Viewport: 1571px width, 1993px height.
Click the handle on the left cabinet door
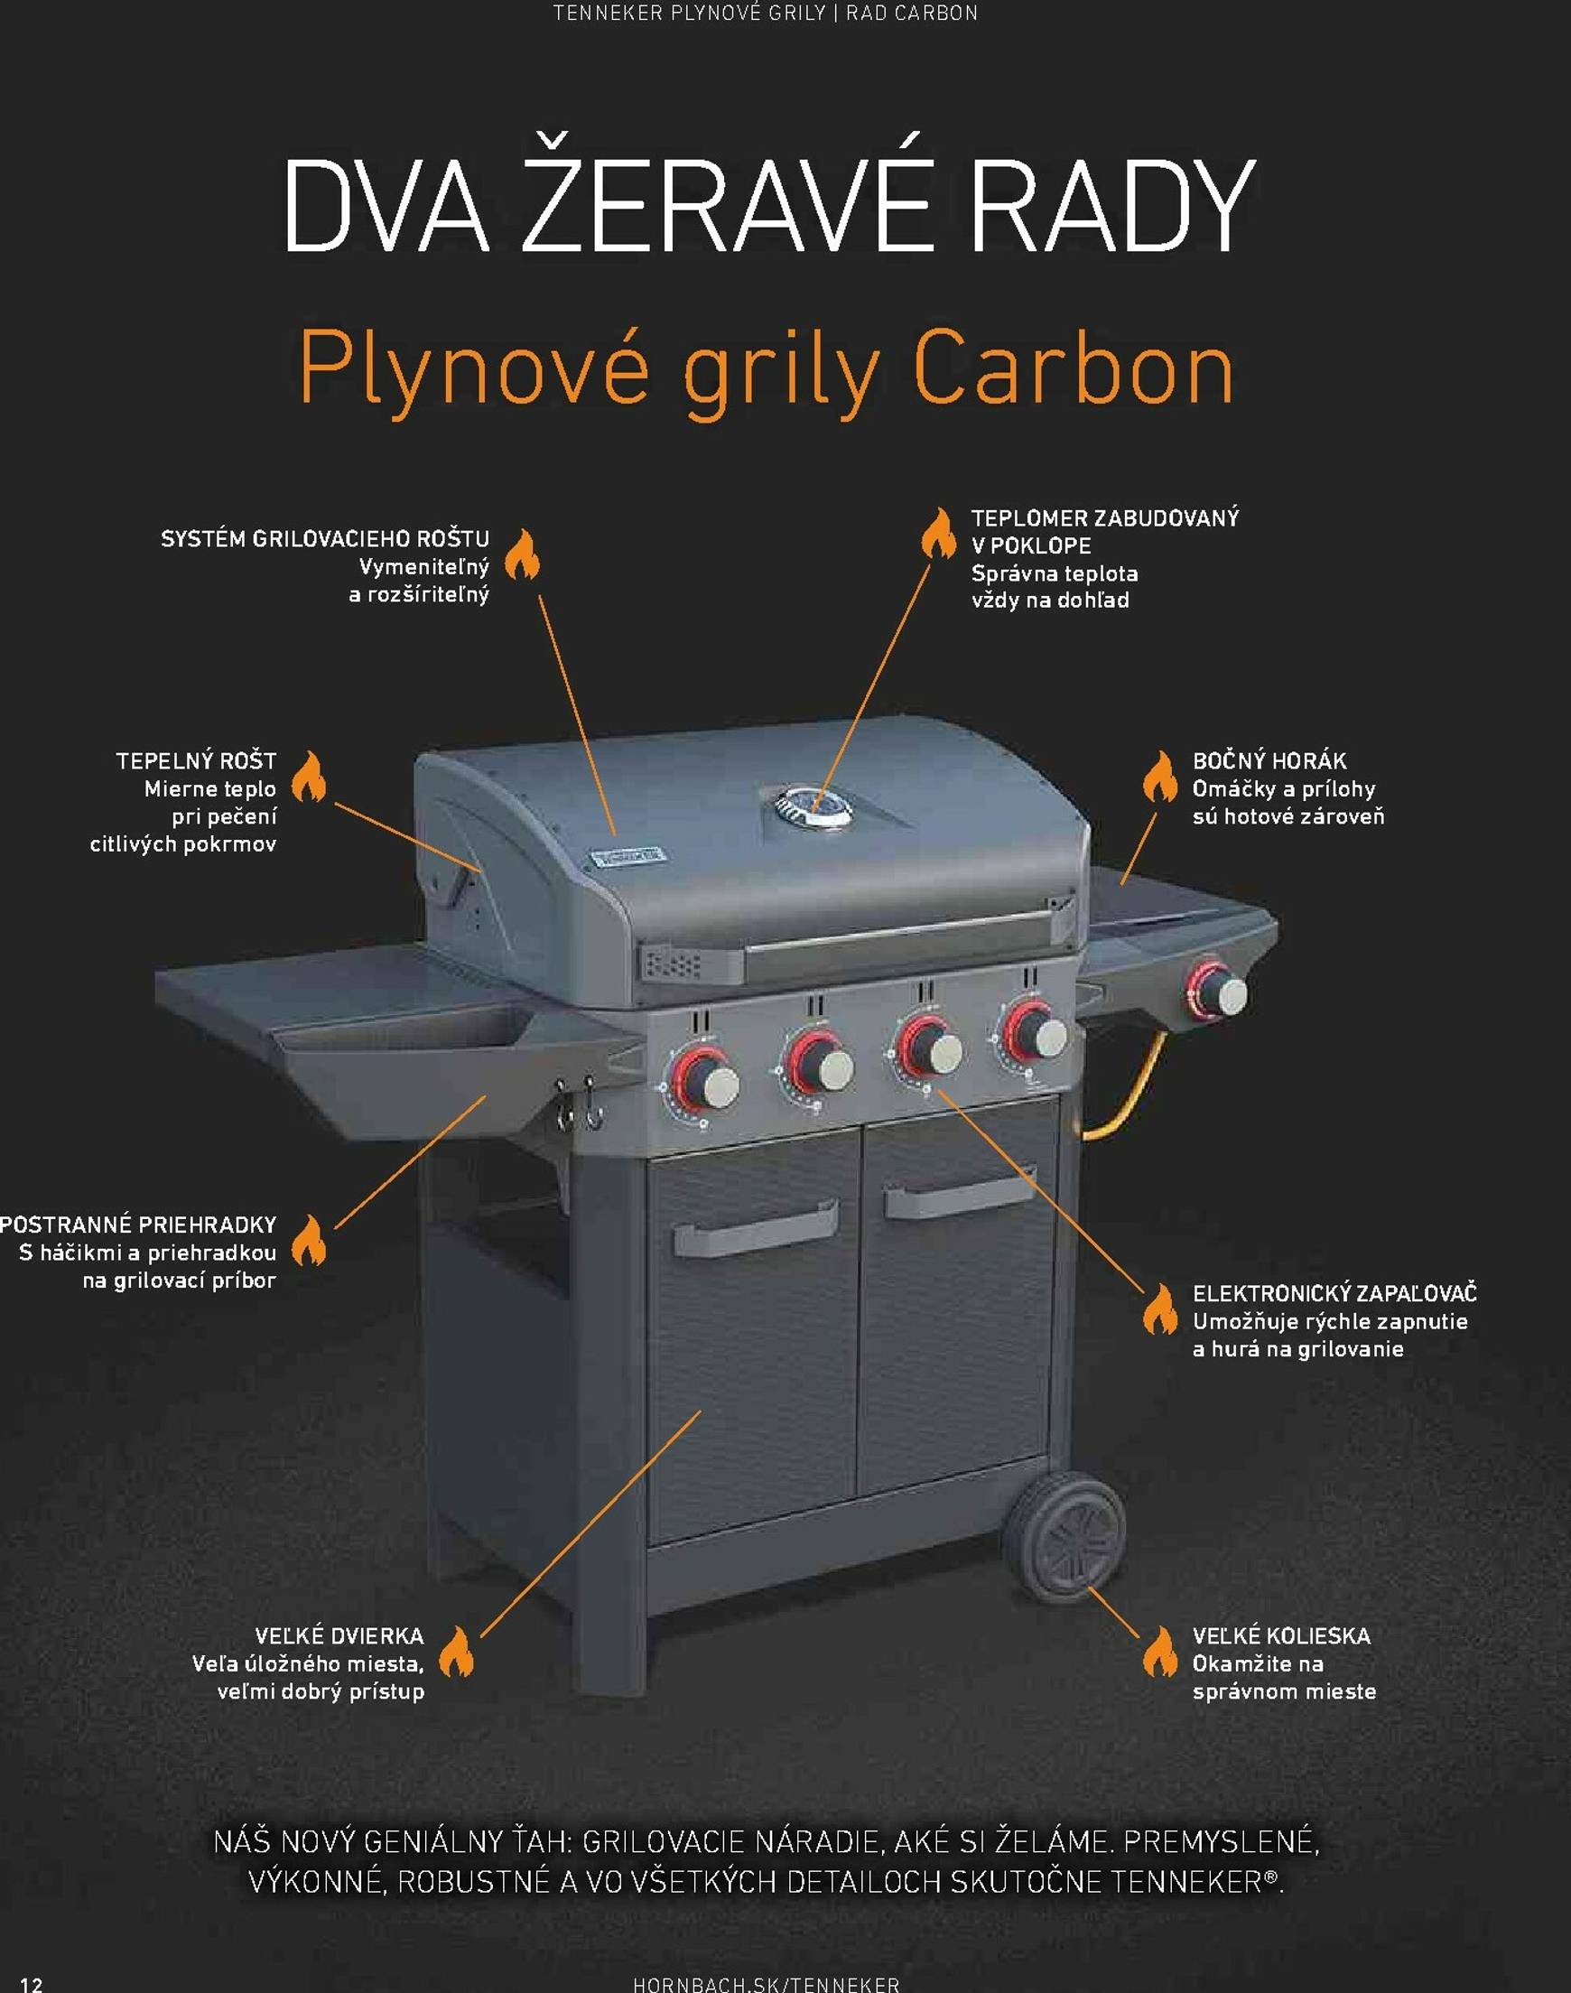pos(755,1228)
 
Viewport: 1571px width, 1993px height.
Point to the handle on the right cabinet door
pos(959,1191)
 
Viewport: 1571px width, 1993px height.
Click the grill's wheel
pos(1064,1535)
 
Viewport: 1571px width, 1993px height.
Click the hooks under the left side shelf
pos(578,1104)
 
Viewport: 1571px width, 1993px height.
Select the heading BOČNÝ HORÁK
pos(1269,760)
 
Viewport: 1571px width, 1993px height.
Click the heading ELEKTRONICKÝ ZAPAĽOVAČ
pos(1334,1293)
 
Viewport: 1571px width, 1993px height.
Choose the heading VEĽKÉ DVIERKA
pos(339,1635)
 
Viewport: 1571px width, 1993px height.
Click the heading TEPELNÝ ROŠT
pos(196,760)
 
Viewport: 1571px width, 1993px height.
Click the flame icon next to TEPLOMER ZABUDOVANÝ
pos(938,534)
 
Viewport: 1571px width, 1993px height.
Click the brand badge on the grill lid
pos(629,858)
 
